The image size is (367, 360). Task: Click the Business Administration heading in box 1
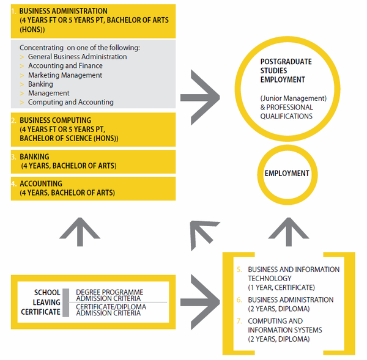tap(63, 11)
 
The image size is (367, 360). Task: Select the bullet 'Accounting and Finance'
tap(65, 66)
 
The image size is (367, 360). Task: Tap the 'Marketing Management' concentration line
tap(65, 75)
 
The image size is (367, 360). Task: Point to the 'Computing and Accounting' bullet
tap(71, 102)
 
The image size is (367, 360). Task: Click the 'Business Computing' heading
tap(56, 120)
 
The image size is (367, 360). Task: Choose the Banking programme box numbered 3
tap(93, 161)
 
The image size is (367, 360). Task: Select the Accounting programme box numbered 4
tap(93, 188)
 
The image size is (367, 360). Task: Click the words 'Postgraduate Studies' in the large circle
tap(286, 66)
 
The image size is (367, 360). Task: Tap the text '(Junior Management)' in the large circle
tap(294, 98)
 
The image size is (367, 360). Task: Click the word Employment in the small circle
tap(287, 174)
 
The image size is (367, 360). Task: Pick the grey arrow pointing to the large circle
tap(200, 97)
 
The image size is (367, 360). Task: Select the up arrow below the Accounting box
tap(80, 232)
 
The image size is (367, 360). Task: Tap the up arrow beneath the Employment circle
tap(289, 232)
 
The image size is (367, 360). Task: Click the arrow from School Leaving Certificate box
tap(200, 302)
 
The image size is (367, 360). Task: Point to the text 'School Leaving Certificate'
tap(41, 302)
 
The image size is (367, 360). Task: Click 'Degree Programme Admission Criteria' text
tap(109, 295)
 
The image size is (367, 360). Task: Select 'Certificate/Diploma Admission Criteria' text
tap(111, 310)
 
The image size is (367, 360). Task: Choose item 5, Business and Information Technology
tap(294, 278)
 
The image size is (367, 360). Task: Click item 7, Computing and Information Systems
tap(285, 330)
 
